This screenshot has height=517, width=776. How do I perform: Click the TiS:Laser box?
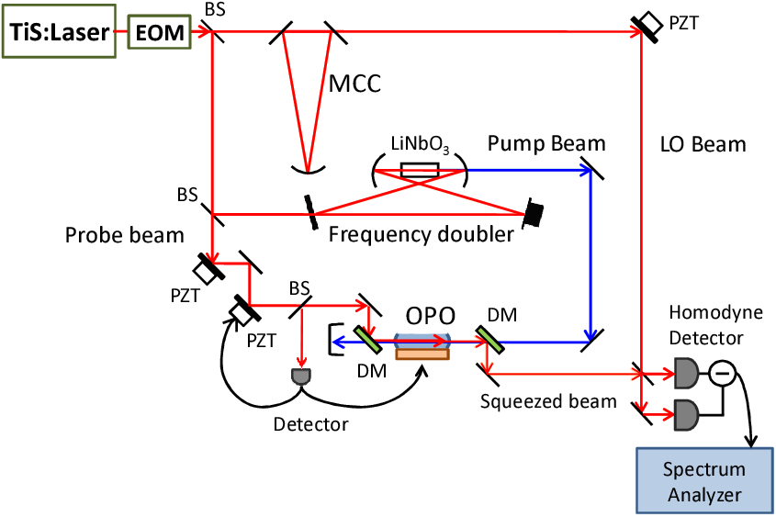click(59, 31)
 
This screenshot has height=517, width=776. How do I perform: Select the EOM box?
click(160, 32)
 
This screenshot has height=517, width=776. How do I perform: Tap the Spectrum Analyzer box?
click(704, 481)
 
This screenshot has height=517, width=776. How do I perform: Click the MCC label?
click(354, 84)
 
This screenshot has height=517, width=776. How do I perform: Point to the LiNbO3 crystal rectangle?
click(420, 170)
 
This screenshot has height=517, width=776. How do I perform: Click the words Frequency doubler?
click(422, 234)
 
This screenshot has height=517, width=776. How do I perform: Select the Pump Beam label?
click(546, 143)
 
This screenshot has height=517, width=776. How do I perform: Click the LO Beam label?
click(703, 144)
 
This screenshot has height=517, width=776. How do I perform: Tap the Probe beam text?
click(124, 235)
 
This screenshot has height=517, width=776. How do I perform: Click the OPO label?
click(430, 315)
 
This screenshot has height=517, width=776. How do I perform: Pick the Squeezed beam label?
click(548, 401)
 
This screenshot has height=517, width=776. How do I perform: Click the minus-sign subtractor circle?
click(723, 374)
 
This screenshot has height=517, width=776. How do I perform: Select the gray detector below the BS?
click(302, 376)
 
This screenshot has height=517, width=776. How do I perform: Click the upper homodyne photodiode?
click(686, 374)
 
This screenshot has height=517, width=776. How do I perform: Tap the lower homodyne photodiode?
click(686, 414)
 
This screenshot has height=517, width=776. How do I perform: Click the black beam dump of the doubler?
click(534, 213)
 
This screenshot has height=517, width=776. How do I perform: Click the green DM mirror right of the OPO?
click(489, 340)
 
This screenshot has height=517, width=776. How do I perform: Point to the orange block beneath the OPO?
click(422, 354)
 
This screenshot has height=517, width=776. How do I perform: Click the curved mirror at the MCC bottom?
click(308, 170)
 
